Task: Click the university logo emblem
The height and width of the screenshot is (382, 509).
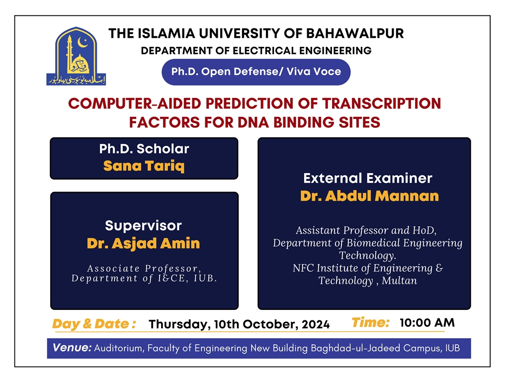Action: click(x=76, y=56)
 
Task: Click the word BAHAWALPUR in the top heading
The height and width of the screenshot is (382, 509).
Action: click(x=355, y=33)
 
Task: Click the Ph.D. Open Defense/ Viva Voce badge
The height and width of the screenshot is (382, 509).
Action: click(x=256, y=72)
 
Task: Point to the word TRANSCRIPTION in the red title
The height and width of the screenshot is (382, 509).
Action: click(x=382, y=103)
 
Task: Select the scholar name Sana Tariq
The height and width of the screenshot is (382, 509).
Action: click(x=144, y=166)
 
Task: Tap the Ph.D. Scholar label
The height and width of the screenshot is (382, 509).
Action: click(x=144, y=149)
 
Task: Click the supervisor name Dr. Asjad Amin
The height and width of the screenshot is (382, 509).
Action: click(x=143, y=244)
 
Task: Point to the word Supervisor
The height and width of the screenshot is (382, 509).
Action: click(x=143, y=225)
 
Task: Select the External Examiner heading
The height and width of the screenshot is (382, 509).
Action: click(x=368, y=178)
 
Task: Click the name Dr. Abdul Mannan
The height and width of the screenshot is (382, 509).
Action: click(x=369, y=196)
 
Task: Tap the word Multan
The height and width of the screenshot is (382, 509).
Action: click(x=399, y=281)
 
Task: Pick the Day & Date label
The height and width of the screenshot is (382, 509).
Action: click(x=94, y=324)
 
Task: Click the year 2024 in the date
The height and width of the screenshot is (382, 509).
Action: click(x=316, y=324)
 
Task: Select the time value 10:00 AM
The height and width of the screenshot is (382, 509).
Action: click(x=427, y=322)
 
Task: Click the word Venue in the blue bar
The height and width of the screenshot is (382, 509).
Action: click(x=72, y=348)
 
